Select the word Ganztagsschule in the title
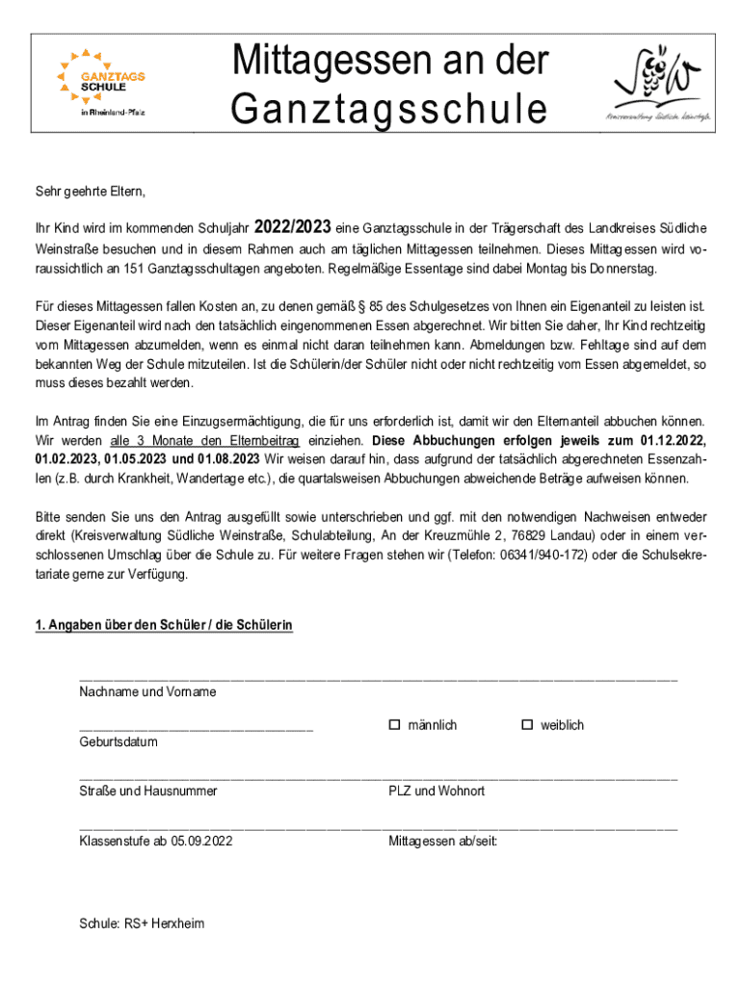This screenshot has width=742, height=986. (388, 110)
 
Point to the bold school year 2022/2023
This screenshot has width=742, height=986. (293, 228)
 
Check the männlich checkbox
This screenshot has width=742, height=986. (394, 724)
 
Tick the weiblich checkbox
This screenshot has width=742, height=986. (527, 724)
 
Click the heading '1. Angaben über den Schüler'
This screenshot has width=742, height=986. (164, 626)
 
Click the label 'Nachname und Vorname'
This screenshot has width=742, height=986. (147, 691)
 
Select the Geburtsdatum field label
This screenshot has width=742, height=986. (119, 741)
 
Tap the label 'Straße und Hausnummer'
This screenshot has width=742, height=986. (148, 791)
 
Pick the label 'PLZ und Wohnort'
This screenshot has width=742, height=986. (437, 791)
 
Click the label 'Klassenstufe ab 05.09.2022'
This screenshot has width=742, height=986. (156, 841)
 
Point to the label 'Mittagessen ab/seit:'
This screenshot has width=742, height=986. (443, 841)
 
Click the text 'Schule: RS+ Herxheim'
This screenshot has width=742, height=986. (143, 923)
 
